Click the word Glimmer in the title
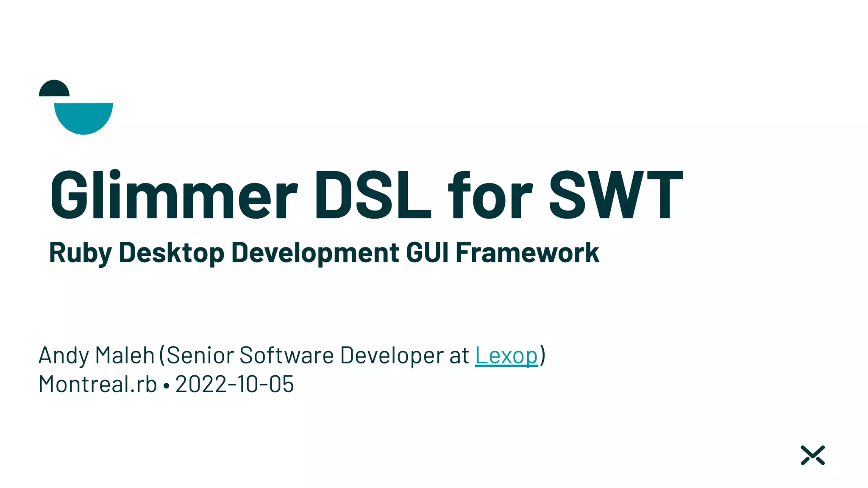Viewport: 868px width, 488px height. tap(174, 195)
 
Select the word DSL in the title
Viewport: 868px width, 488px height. tap(373, 195)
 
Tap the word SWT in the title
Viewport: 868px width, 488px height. tap(616, 195)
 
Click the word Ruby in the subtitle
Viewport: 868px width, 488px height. tap(80, 253)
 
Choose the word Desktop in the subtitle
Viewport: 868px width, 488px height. tap(171, 253)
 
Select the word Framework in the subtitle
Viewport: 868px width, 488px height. tap(527, 253)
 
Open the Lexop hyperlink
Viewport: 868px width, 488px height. tap(506, 355)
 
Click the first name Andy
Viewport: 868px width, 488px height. tap(64, 355)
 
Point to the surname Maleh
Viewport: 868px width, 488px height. tap(125, 355)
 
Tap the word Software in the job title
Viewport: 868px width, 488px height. tap(287, 355)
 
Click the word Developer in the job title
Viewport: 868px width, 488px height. tap(392, 355)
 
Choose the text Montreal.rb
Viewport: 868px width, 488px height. tap(97, 384)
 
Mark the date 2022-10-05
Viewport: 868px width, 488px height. tap(234, 384)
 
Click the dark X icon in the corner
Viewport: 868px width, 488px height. tap(812, 455)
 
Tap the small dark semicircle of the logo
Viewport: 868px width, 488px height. tap(54, 89)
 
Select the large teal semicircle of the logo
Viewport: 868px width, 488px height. tap(83, 117)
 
